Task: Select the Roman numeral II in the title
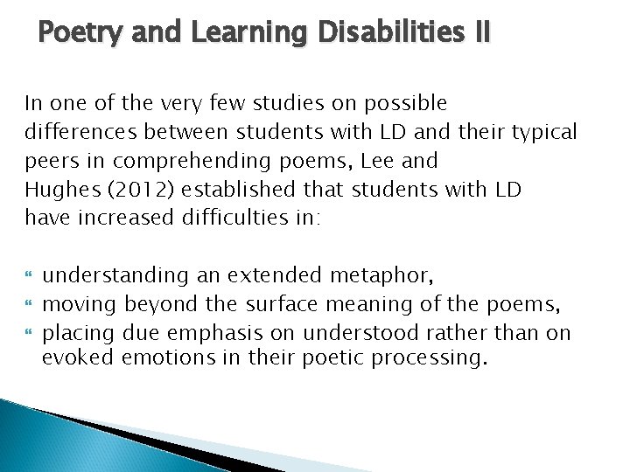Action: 480,33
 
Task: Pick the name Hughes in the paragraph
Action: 55,190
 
